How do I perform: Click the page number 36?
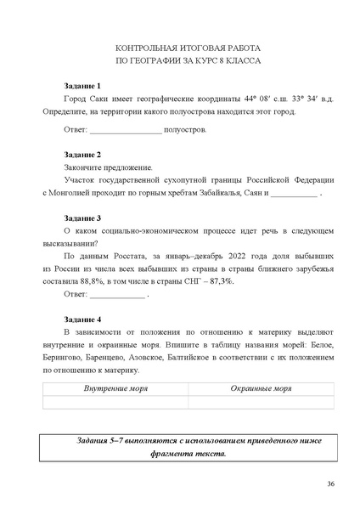click(329, 484)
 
